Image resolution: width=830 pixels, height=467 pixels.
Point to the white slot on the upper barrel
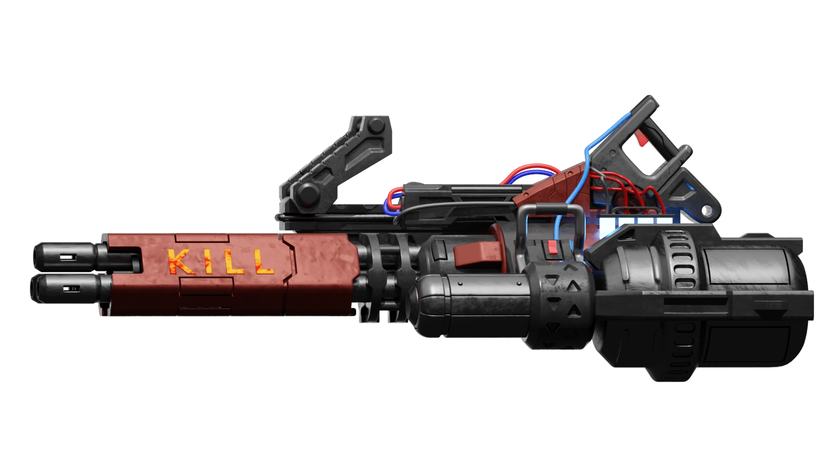(68, 256)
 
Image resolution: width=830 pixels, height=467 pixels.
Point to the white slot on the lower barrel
(71, 288)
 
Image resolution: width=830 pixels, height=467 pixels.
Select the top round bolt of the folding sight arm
(376, 126)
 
